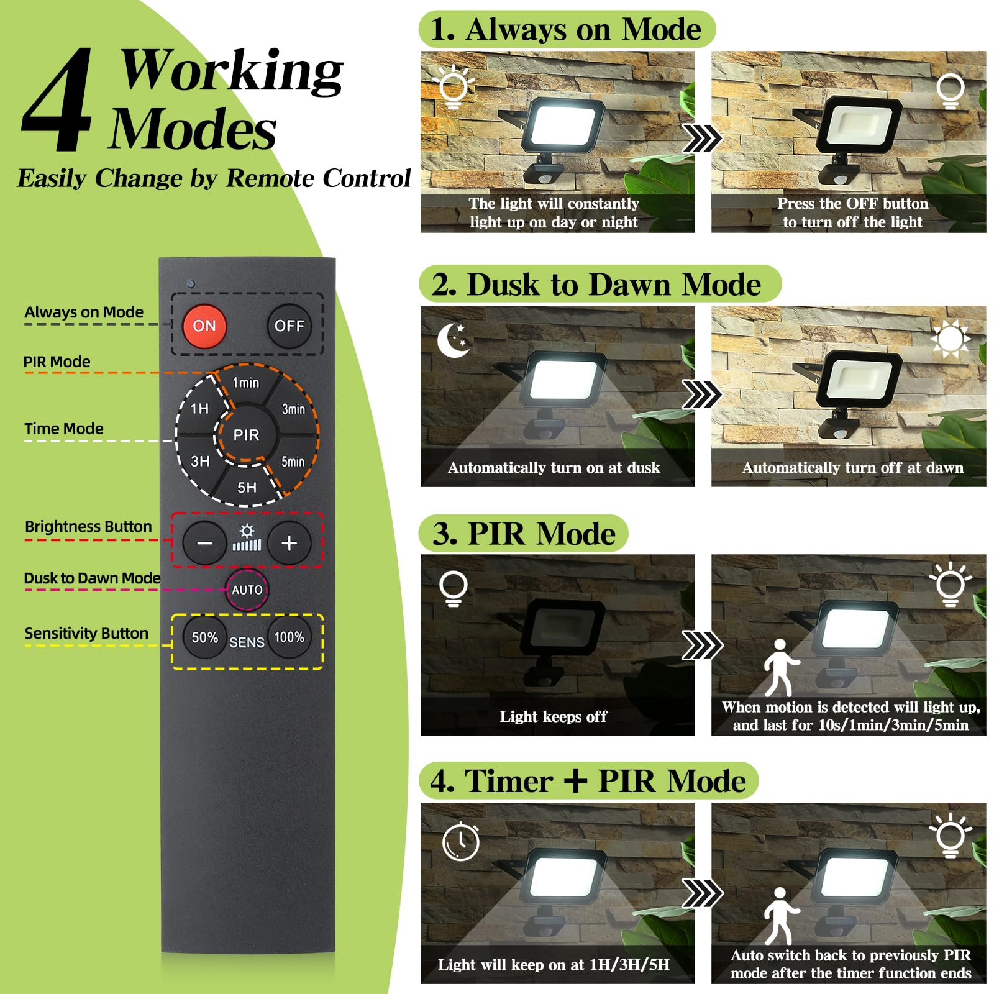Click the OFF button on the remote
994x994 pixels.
[x=289, y=326]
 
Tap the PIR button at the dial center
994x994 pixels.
[x=247, y=435]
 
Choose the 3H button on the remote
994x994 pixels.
[x=200, y=461]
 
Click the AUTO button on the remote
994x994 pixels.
[x=247, y=590]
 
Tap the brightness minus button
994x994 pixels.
[x=204, y=543]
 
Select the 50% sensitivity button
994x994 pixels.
[x=204, y=637]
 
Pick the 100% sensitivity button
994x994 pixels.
[x=290, y=637]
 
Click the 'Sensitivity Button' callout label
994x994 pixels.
[x=86, y=633]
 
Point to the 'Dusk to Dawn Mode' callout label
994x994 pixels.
[x=92, y=578]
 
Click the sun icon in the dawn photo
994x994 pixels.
[x=950, y=339]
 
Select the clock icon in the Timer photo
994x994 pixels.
[x=461, y=841]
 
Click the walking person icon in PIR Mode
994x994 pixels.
[x=780, y=667]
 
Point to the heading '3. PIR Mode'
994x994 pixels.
[x=524, y=534]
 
